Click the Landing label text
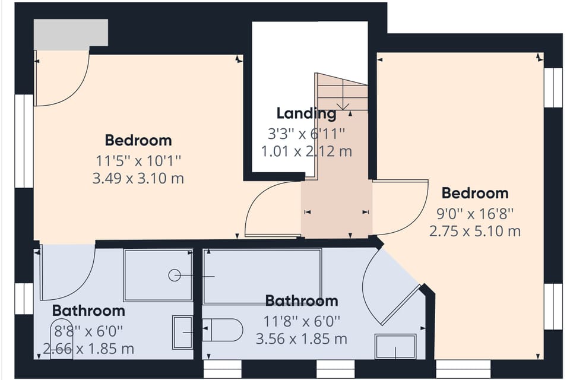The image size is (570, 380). coord(306,113)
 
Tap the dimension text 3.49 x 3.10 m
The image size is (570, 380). coord(138,178)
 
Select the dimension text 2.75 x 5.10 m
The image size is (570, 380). coord(474,230)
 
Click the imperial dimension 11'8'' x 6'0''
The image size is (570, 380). coord(302,321)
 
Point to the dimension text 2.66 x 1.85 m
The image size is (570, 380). coord(88,349)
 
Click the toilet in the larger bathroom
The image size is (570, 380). coord(223,330)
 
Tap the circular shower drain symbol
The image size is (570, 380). coord(174,275)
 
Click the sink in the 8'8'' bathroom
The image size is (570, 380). coord(182,331)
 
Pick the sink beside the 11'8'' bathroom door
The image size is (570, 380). coord(395,346)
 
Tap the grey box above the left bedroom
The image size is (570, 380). coord(71,33)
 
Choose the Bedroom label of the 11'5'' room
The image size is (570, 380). coord(138,141)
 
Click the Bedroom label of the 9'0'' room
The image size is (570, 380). coord(475,193)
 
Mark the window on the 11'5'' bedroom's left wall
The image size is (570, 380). coord(24,141)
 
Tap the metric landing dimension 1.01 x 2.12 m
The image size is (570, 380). coord(306,151)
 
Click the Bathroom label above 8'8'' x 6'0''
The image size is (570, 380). coord(88,311)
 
